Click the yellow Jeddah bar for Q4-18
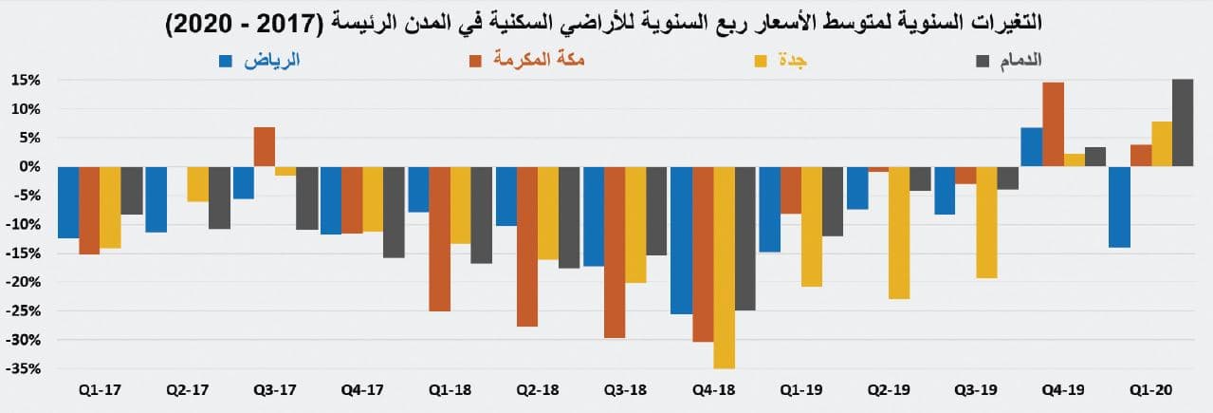pyautogui.click(x=725, y=267)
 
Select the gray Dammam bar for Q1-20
pyautogui.click(x=1183, y=122)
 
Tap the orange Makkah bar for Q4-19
pyautogui.click(x=1053, y=124)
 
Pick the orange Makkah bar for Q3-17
pyautogui.click(x=265, y=146)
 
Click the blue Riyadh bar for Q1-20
pyautogui.click(x=1118, y=206)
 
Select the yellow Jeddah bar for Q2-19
pyautogui.click(x=899, y=233)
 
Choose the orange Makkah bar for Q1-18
pyautogui.click(x=439, y=238)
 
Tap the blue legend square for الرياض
pyautogui.click(x=226, y=62)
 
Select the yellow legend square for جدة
pyautogui.click(x=761, y=62)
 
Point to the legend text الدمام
pyautogui.click(x=1020, y=61)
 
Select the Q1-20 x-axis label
pyautogui.click(x=1149, y=389)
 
